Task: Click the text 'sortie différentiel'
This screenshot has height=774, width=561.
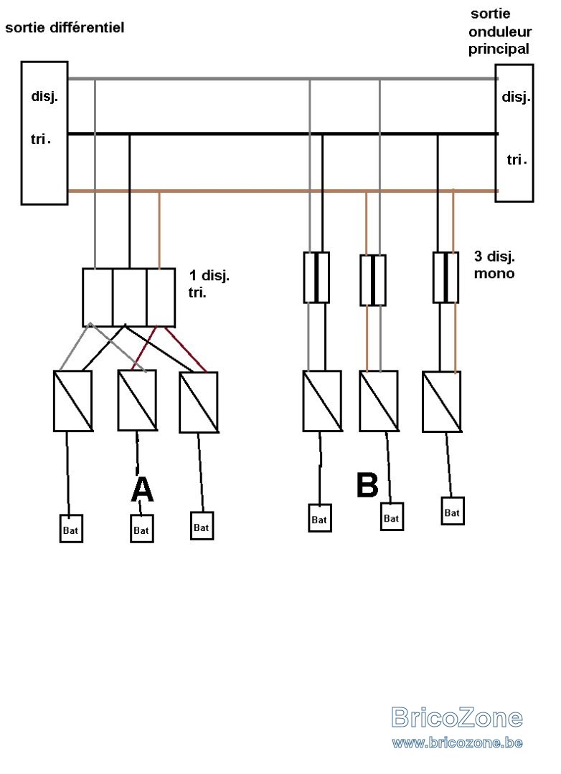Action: (65, 27)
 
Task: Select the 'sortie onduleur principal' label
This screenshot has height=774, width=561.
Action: (500, 32)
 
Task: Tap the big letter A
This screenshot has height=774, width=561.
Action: (142, 489)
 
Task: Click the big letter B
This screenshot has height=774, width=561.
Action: (367, 484)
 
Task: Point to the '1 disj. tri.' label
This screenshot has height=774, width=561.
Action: (209, 284)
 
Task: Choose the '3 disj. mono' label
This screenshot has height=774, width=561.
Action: (494, 264)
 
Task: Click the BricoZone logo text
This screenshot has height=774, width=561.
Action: (457, 717)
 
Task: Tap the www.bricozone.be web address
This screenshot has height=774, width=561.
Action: (457, 742)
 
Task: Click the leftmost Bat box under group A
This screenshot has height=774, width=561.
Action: (71, 529)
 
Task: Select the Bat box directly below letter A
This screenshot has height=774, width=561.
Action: (142, 529)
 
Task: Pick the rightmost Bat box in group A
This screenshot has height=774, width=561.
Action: (202, 526)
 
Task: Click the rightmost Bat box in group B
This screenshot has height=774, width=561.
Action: (452, 511)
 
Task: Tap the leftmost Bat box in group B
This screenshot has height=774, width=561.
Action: (320, 518)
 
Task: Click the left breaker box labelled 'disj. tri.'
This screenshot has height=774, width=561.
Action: (44, 133)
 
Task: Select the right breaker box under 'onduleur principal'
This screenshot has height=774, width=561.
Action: (514, 133)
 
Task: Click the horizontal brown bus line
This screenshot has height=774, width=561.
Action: (282, 191)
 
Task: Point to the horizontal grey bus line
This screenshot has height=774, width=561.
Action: (282, 79)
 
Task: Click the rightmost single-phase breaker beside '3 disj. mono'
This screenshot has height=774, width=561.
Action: (445, 277)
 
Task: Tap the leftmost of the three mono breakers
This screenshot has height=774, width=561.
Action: (316, 277)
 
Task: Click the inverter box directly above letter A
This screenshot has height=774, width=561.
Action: (138, 400)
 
